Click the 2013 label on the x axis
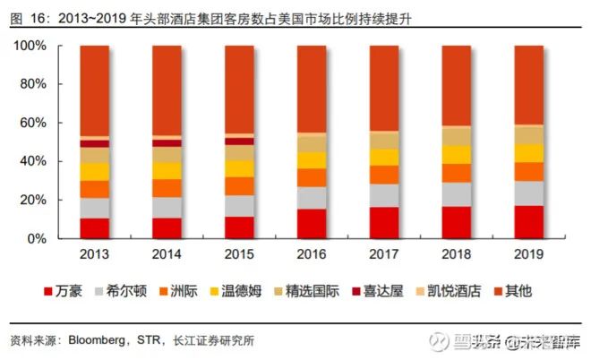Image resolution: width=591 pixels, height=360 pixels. [95, 254]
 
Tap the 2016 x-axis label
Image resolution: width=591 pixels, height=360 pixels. [312, 254]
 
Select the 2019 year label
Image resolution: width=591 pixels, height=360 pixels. [528, 254]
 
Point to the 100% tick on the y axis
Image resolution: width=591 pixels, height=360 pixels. [32, 46]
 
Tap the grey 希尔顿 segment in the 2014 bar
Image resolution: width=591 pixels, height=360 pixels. [167, 208]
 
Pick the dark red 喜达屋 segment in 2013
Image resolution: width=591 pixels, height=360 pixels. [95, 143]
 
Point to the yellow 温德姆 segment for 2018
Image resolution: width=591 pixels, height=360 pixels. [456, 154]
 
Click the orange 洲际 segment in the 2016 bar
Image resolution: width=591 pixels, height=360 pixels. [312, 177]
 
